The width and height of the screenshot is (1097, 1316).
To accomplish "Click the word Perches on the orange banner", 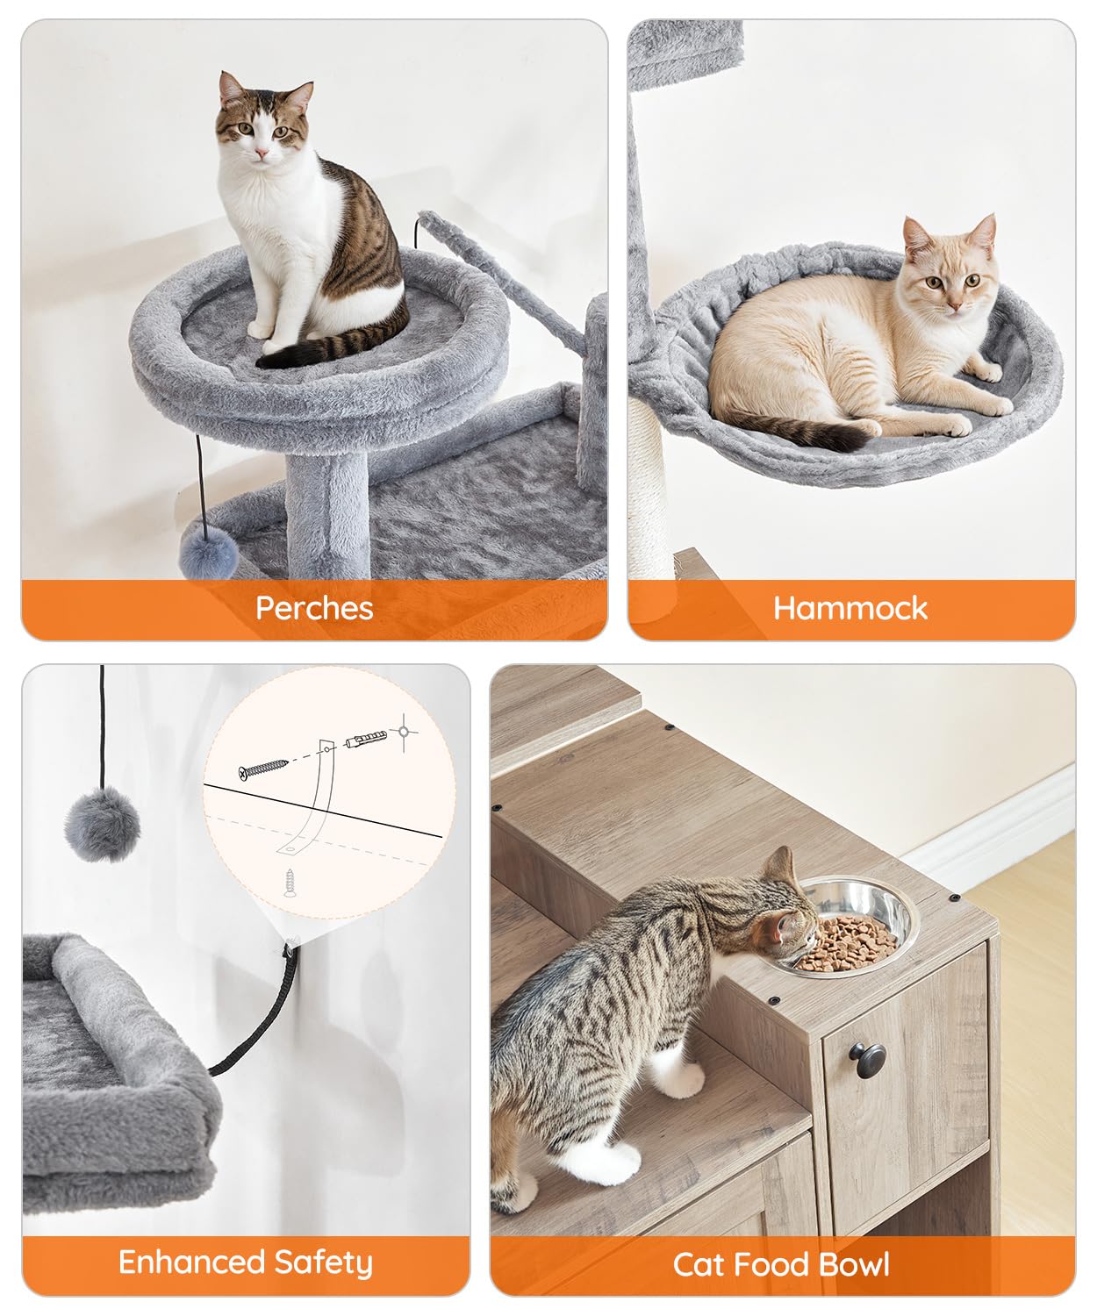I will (314, 608).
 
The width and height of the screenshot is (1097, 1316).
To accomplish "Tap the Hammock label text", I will (850, 608).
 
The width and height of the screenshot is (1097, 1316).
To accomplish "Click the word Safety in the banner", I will (323, 1262).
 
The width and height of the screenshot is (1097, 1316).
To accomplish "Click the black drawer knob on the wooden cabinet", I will (867, 1059).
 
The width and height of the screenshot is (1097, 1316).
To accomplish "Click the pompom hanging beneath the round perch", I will (209, 549).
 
